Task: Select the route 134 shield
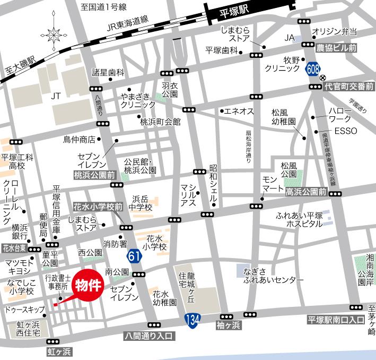[192, 319]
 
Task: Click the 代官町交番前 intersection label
[349, 85]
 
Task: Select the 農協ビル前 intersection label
[343, 47]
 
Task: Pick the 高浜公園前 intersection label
[307, 192]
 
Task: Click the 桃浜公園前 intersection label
[94, 174]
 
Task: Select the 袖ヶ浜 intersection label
[229, 324]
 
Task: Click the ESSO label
[345, 131]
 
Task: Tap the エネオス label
[238, 111]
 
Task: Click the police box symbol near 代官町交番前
[322, 78]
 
